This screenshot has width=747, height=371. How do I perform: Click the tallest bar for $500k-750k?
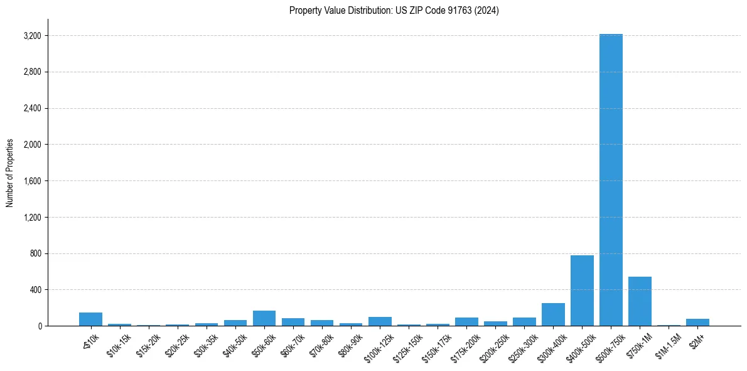coord(611,180)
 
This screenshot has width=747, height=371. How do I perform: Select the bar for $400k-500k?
coord(582,291)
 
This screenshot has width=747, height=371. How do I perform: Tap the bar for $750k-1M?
coord(640,301)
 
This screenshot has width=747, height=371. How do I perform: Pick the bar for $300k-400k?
coord(553,314)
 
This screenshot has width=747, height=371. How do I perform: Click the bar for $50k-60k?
coord(264,318)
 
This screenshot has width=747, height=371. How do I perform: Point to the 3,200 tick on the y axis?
coord(32,36)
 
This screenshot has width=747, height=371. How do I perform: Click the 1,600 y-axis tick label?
coord(32,181)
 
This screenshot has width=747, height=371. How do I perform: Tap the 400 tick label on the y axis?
coord(35,290)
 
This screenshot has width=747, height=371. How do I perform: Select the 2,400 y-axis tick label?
coord(32,108)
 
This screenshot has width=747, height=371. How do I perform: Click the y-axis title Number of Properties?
coord(10,173)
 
